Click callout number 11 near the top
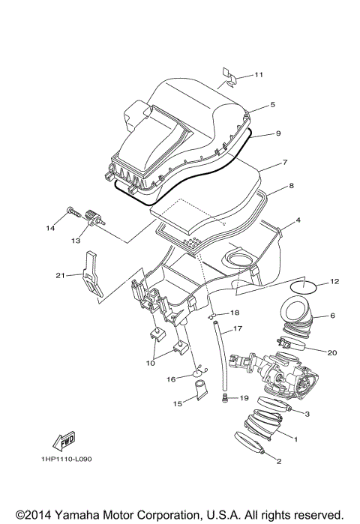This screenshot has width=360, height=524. coord(259,75)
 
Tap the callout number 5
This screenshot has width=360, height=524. coord(252,105)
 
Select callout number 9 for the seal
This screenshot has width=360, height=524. coord(256,133)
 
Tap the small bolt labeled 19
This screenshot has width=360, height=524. coord(224,399)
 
